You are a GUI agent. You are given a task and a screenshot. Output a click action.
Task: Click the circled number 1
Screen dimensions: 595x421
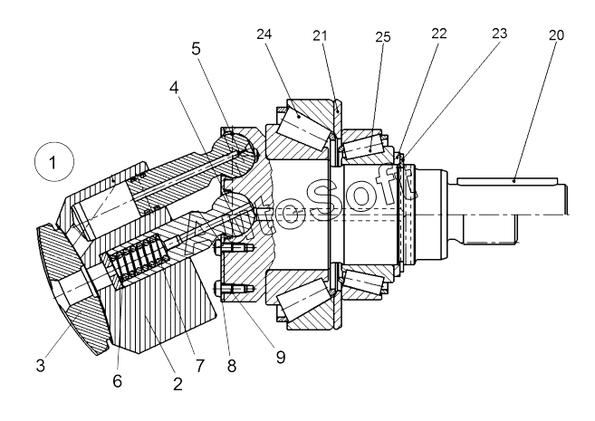coord(53,162)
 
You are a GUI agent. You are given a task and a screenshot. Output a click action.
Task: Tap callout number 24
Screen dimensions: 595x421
coord(264,34)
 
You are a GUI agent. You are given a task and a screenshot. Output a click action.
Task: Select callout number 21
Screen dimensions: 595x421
coord(320,35)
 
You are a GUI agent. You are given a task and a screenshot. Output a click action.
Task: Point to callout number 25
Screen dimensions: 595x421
coord(383,37)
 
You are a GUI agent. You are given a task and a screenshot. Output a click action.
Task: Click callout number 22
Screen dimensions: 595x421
coord(439,33)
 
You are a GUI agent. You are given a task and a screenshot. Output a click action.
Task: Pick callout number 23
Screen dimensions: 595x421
coord(499,33)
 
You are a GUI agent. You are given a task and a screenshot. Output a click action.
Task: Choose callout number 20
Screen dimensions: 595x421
coord(556,35)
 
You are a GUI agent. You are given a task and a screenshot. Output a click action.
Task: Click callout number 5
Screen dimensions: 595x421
coord(196,49)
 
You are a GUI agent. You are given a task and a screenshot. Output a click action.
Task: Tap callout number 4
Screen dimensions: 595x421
coord(174,88)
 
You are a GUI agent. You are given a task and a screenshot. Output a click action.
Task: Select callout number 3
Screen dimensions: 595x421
coord(40,366)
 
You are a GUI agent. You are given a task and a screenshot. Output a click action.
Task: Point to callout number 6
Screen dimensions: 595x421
coord(117,381)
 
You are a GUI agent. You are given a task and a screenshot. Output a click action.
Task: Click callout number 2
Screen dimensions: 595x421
coord(178,384)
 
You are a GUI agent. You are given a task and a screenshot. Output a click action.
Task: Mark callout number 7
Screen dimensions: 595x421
coord(200,366)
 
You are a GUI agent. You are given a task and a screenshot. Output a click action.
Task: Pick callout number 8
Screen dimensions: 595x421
coord(232,366)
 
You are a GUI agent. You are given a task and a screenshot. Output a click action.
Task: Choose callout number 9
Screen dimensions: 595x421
coord(281,357)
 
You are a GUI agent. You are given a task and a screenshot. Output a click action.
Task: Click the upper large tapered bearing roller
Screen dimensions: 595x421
coord(302,124)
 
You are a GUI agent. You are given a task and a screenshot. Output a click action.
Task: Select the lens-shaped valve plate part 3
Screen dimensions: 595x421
coord(72,288)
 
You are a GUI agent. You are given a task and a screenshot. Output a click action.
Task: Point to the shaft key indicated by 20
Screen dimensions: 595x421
coord(507,181)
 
